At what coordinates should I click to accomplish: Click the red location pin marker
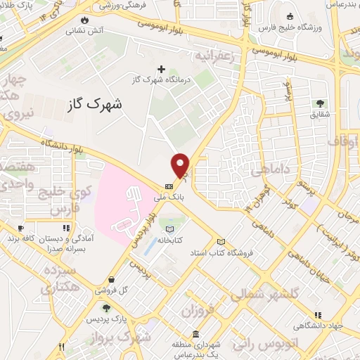pyautogui.click(x=181, y=165)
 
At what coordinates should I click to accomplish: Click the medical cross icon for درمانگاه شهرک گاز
pyautogui.click(x=162, y=69)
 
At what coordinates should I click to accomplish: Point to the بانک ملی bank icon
pyautogui.click(x=168, y=186)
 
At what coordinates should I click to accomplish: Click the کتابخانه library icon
pyautogui.click(x=169, y=229)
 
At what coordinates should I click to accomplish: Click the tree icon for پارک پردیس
pyautogui.click(x=106, y=307)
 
